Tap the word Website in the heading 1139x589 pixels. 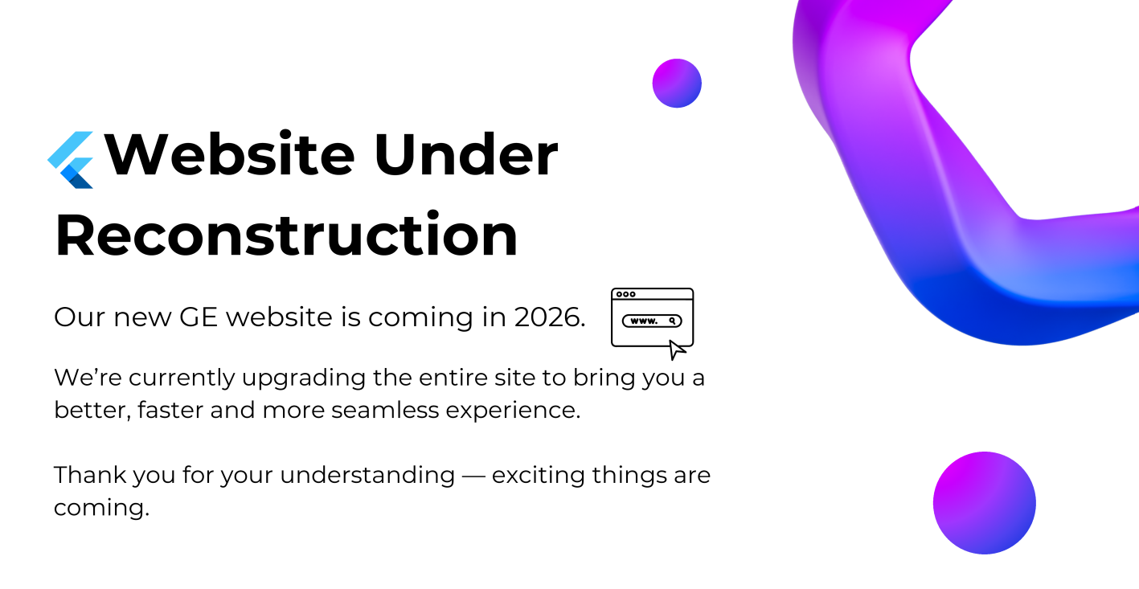(229, 154)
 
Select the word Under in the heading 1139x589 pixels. (466, 154)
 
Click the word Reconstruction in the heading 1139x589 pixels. (286, 235)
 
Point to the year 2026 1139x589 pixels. (550, 317)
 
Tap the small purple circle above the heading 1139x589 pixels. (677, 84)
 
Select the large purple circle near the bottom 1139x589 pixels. (985, 502)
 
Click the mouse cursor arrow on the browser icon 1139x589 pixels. (677, 350)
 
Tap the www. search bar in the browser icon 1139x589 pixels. (652, 321)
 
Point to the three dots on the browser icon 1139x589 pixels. (625, 294)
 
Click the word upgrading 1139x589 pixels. (304, 378)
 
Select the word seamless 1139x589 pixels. (385, 410)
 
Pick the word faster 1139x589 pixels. (170, 410)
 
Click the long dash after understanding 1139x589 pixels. (473, 477)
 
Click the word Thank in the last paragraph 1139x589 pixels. (90, 475)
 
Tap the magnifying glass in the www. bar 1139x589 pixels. (672, 321)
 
